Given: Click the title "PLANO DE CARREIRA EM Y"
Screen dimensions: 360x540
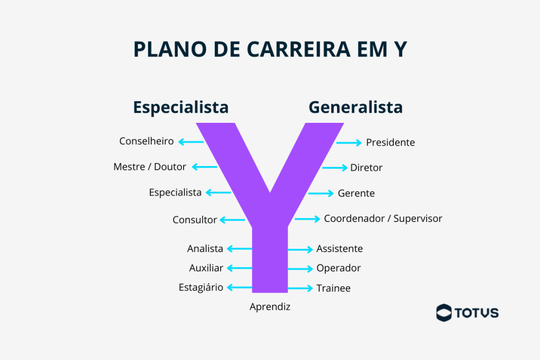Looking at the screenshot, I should click(269, 49).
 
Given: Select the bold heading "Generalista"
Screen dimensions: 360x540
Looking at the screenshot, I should click(355, 107).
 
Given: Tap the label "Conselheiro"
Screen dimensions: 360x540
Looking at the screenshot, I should click(146, 141).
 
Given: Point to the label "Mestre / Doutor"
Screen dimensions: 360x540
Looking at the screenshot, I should click(150, 167).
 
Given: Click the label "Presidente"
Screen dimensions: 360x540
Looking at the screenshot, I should click(390, 142).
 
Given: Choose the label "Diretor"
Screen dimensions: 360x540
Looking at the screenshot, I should click(366, 168).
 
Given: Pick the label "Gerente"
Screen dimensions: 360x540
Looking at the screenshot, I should click(356, 193).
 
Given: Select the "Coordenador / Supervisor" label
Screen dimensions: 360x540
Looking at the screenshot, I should click(383, 219).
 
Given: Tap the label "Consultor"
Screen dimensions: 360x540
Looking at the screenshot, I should click(195, 220).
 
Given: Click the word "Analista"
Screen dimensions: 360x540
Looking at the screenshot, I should click(205, 249).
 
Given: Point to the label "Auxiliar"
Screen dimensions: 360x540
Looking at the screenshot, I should click(206, 268).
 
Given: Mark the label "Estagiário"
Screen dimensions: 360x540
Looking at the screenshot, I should click(201, 288).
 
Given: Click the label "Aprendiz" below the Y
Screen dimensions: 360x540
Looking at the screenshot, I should click(270, 307).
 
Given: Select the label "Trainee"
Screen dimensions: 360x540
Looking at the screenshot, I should click(333, 288).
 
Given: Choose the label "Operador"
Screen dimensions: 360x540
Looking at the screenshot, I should click(339, 268).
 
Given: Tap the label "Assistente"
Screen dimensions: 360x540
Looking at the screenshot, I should click(340, 249).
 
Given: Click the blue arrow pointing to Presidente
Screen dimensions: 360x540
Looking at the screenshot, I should click(349, 142).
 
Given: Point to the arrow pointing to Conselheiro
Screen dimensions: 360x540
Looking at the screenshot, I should click(191, 141).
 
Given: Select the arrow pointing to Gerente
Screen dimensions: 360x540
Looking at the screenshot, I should click(321, 193).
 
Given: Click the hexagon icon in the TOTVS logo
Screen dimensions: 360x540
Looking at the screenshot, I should click(444, 313).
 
